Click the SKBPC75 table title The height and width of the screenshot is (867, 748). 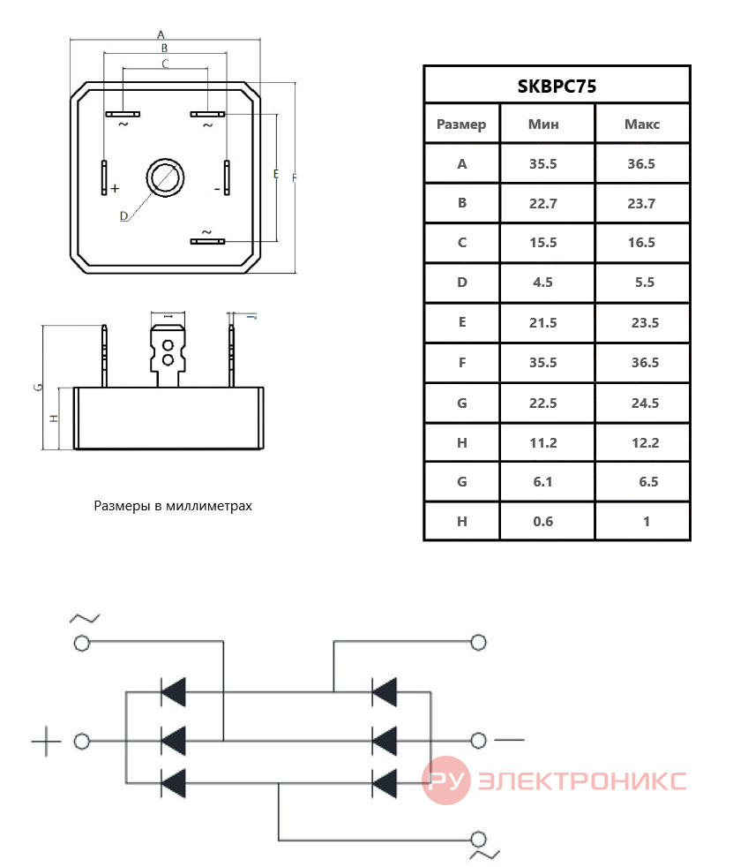(557, 87)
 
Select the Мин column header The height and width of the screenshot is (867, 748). (543, 124)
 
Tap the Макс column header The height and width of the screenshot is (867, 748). (642, 124)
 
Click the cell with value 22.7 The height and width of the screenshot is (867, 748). (543, 203)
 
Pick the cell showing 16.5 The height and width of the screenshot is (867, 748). (641, 242)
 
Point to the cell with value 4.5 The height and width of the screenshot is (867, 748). (542, 282)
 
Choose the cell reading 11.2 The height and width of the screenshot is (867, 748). (543, 443)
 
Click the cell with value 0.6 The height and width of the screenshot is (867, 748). (543, 522)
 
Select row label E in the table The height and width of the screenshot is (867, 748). (462, 321)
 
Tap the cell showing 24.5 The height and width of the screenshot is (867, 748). (646, 403)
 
